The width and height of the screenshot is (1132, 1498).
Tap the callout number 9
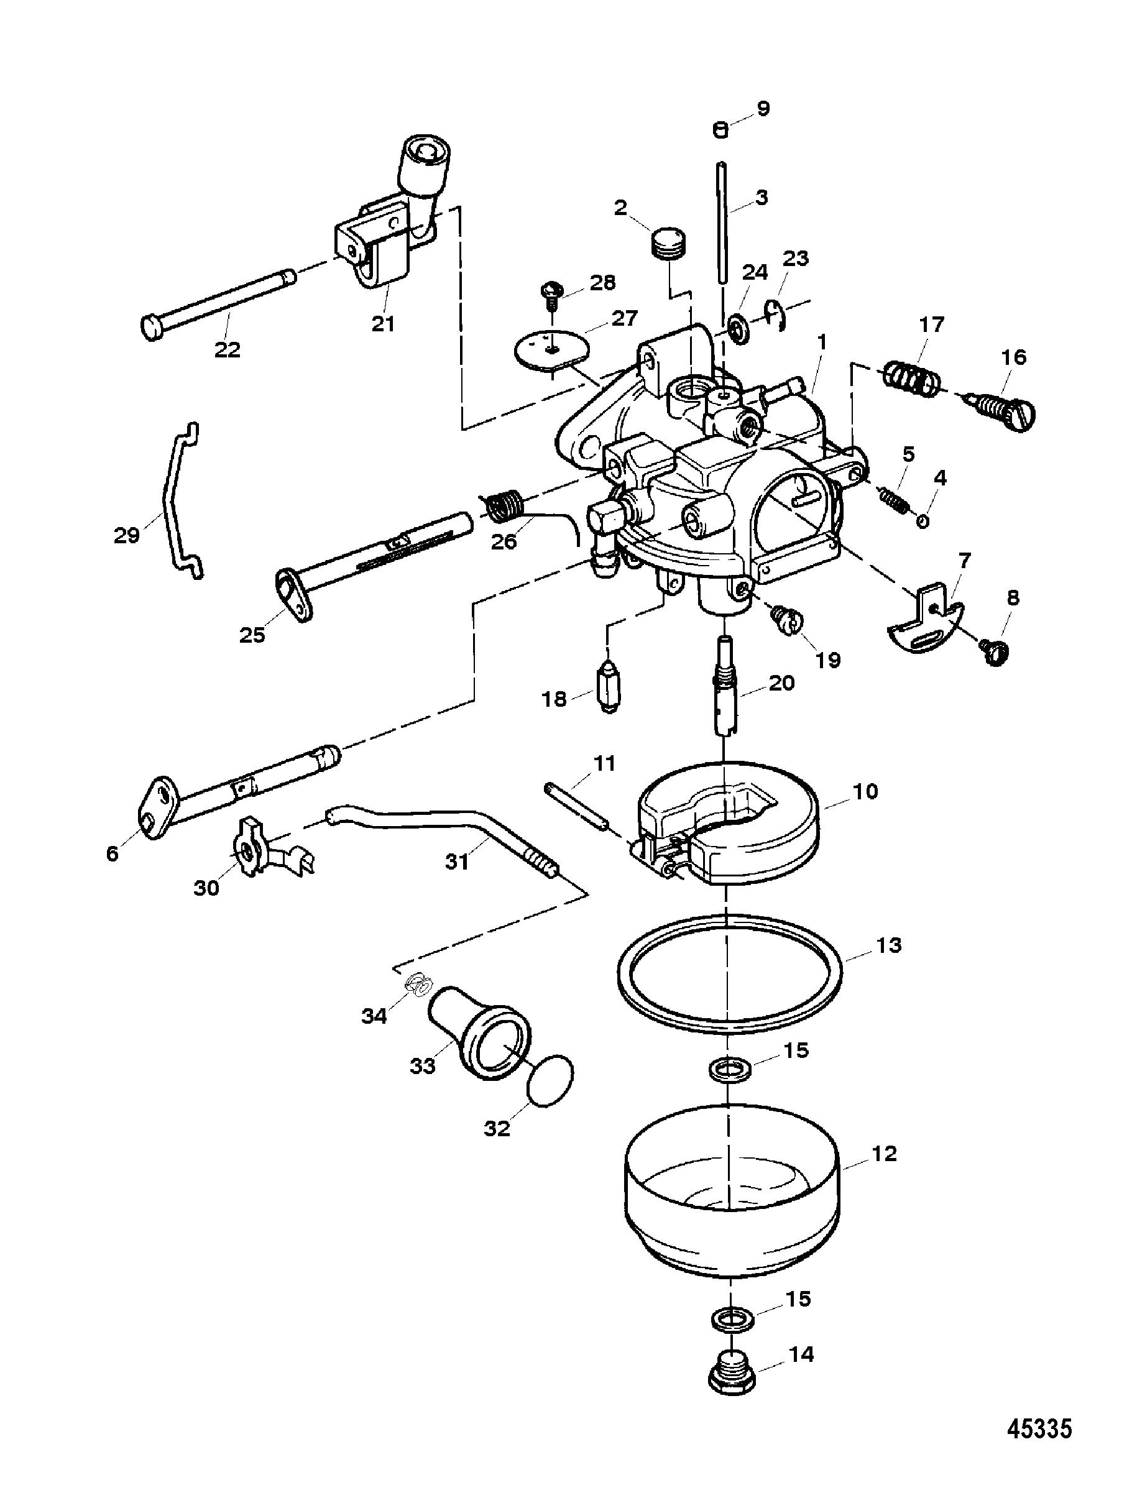[x=763, y=109]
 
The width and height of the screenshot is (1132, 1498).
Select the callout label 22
[x=228, y=349]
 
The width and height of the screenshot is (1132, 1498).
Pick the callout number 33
[x=423, y=1067]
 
